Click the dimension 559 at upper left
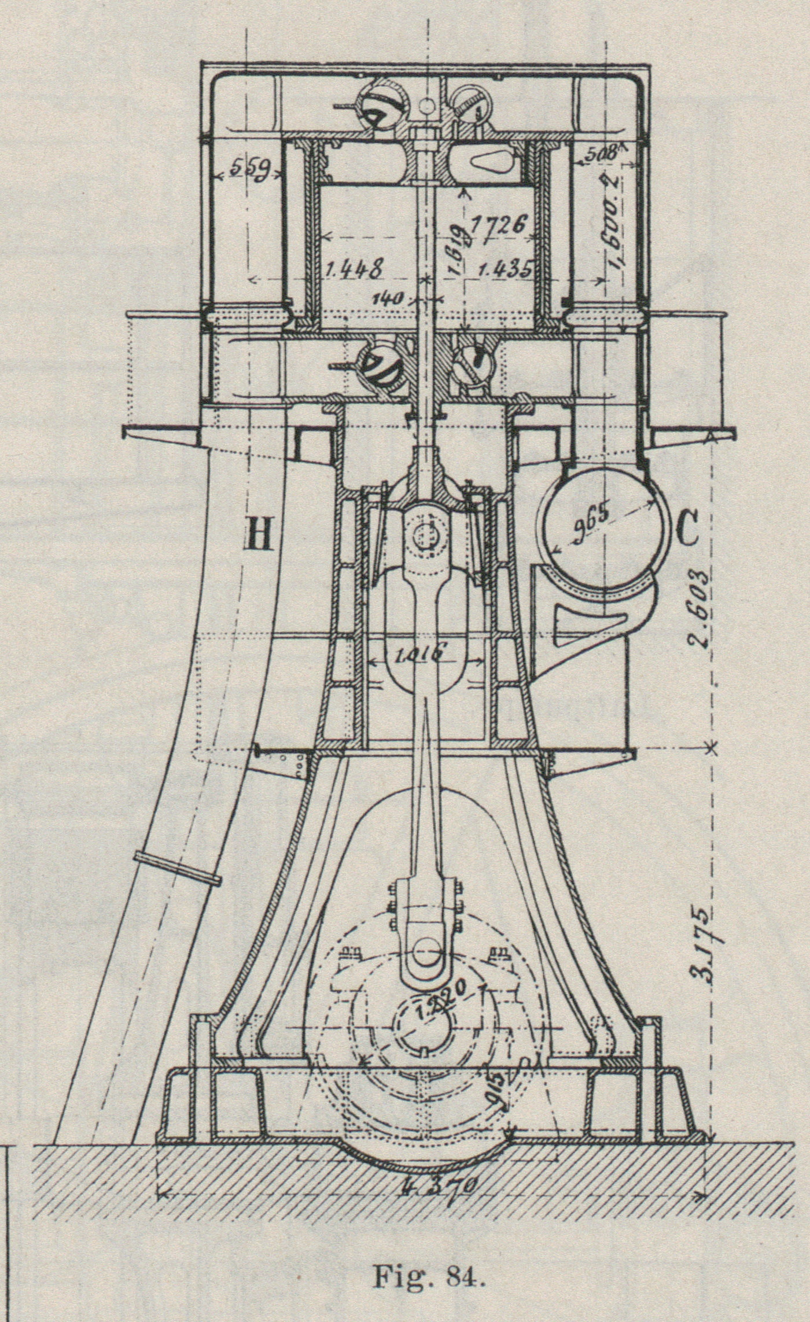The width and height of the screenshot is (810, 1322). tap(246, 171)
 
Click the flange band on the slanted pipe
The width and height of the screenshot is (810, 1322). tap(176, 867)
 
